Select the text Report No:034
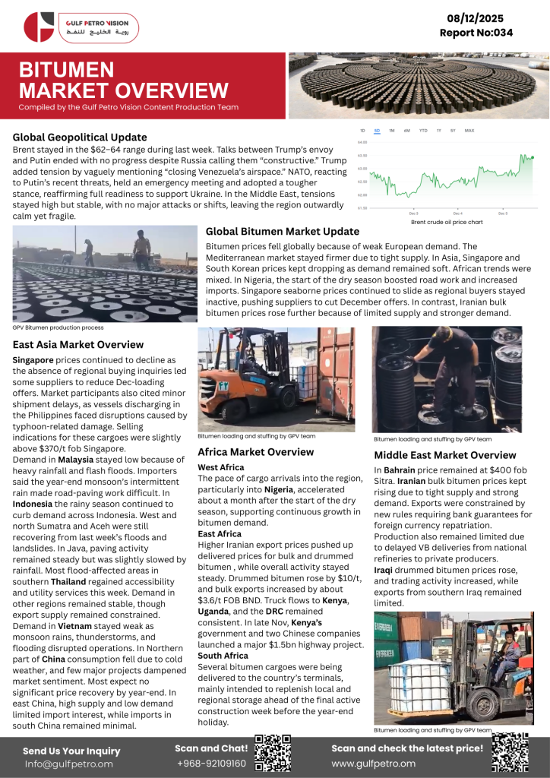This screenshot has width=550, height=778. click(476, 33)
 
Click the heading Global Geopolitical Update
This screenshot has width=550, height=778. click(80, 138)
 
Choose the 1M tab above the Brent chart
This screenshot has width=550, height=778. click(391, 131)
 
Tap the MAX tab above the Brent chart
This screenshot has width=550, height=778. click(469, 131)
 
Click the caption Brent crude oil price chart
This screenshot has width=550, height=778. click(446, 222)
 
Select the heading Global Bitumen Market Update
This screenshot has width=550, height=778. click(283, 231)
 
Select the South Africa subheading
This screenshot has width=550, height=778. click(223, 655)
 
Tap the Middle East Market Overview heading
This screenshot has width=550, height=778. click(445, 455)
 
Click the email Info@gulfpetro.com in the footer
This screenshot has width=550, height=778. click(68, 764)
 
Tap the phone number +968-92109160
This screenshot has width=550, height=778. click(211, 763)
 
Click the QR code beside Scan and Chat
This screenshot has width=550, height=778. click(273, 752)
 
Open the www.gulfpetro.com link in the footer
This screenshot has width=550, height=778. click(373, 763)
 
